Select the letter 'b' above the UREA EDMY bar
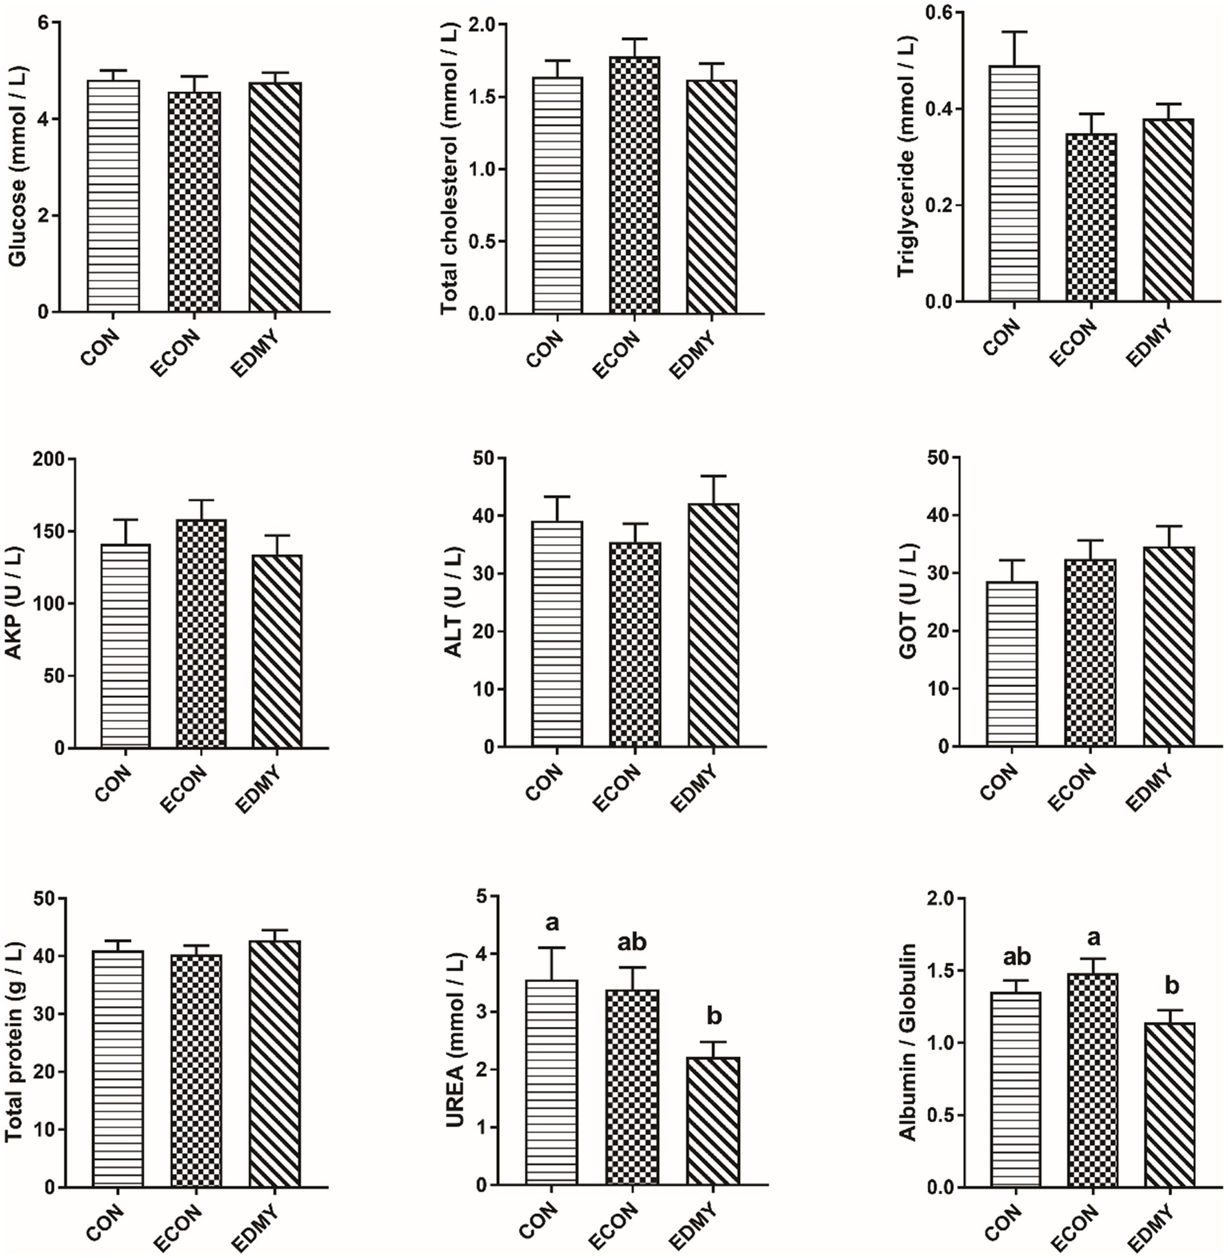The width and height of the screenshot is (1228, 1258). pos(714,1016)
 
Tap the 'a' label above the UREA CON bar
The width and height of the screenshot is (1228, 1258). pos(552,923)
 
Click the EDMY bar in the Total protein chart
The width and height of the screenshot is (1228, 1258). pos(274,1063)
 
